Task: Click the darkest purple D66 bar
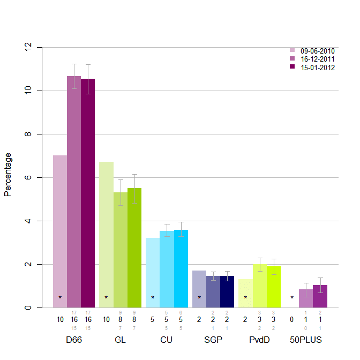(x=88, y=193)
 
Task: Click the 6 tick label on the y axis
(x=28, y=177)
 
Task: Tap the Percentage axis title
(x=8, y=174)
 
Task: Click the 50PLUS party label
(x=306, y=340)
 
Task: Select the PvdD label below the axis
(x=259, y=340)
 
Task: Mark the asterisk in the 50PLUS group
(x=292, y=298)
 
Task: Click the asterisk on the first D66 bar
(x=60, y=298)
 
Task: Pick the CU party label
(x=167, y=340)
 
